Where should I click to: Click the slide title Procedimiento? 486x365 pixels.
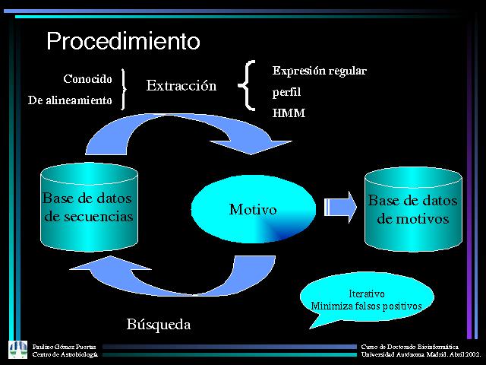(x=123, y=40)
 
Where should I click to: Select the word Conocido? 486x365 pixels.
(x=87, y=79)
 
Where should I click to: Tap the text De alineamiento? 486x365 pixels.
(x=69, y=100)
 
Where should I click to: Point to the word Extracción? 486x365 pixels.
(x=181, y=86)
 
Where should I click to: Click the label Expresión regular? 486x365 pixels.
(x=319, y=71)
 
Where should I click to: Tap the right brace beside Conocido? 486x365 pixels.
(x=125, y=90)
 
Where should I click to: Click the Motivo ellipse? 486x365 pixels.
(x=253, y=209)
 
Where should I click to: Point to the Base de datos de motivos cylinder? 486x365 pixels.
(x=412, y=209)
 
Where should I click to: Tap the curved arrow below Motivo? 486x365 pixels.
(x=175, y=278)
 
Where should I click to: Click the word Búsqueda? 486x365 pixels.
(x=158, y=325)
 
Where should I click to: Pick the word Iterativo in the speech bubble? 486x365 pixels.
(x=366, y=294)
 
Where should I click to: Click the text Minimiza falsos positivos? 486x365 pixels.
(x=366, y=306)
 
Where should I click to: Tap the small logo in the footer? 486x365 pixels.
(x=17, y=349)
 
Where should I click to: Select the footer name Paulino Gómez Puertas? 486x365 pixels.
(x=65, y=346)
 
